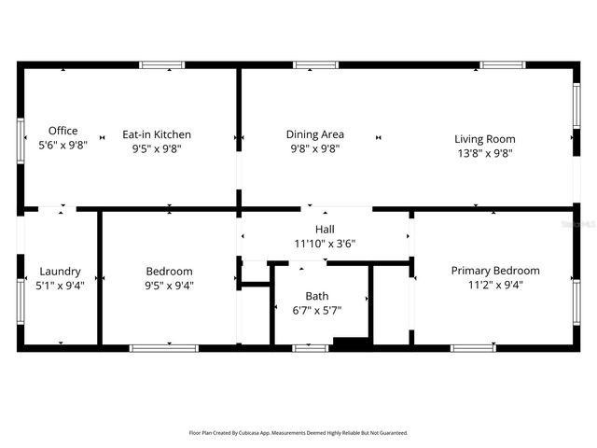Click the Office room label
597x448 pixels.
point(62,131)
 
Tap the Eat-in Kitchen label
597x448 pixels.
point(157,134)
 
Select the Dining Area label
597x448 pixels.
point(314,134)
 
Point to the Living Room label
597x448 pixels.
point(484,139)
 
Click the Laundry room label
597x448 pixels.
point(60,272)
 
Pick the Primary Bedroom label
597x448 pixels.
point(495,271)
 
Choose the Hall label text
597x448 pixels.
point(325,229)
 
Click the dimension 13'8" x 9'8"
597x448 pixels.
point(484,153)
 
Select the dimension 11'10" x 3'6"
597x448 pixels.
point(325,244)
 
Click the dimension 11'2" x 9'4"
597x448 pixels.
point(495,285)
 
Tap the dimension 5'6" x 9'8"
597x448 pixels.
point(62,146)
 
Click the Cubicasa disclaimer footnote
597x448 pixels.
point(298,433)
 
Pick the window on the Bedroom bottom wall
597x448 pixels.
point(163,348)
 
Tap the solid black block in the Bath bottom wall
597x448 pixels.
point(352,344)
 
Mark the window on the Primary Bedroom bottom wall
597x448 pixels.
point(473,348)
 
